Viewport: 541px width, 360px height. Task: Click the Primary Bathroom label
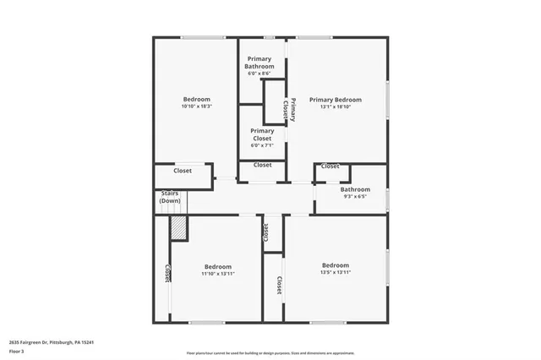pyautogui.click(x=260, y=63)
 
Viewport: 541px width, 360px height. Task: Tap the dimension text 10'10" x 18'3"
pyautogui.click(x=196, y=106)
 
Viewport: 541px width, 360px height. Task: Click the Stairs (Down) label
pyautogui.click(x=170, y=198)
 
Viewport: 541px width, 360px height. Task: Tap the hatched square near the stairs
pyautogui.click(x=178, y=227)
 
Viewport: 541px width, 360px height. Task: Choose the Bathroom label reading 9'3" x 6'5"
pyautogui.click(x=355, y=190)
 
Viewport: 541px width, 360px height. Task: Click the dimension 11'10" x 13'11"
pyautogui.click(x=216, y=274)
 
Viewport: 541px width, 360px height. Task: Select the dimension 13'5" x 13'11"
pyautogui.click(x=335, y=273)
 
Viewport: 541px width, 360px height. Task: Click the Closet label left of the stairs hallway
pyautogui.click(x=183, y=171)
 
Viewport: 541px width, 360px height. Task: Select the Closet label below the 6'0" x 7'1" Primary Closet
pyautogui.click(x=263, y=165)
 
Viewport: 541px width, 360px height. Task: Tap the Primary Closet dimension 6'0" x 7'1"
pyautogui.click(x=262, y=145)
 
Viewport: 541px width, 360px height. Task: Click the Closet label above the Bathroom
pyautogui.click(x=331, y=166)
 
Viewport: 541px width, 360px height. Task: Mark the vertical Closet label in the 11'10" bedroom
pyautogui.click(x=168, y=272)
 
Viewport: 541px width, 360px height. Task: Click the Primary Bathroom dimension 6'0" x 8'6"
pyautogui.click(x=260, y=74)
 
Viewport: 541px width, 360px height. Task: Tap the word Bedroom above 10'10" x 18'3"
pyautogui.click(x=196, y=99)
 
